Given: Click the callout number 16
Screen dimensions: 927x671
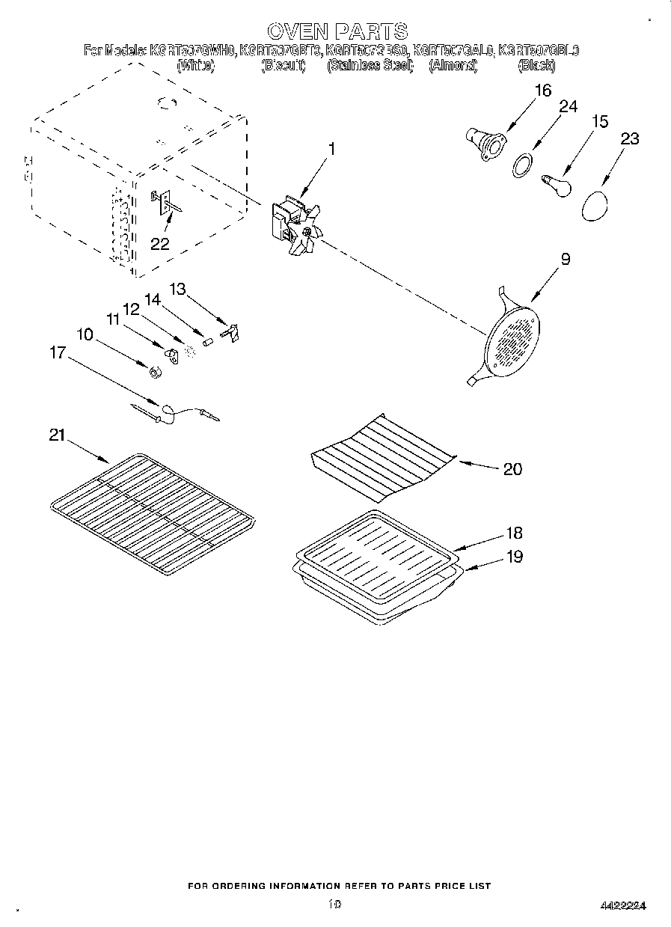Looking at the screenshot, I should (x=542, y=91).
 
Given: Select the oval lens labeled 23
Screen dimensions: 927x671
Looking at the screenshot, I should (x=595, y=205).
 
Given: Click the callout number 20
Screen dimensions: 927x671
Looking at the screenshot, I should (x=512, y=469).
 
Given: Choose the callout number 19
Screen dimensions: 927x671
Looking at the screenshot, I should (x=514, y=557).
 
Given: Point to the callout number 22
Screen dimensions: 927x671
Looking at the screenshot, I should (x=159, y=244).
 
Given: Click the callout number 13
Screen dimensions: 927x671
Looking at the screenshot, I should (x=177, y=288).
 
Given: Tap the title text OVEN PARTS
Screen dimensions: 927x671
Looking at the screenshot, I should (x=337, y=31).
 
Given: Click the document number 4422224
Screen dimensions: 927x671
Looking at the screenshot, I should (x=622, y=906).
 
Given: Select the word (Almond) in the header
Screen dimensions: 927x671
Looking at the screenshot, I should (x=453, y=66).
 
